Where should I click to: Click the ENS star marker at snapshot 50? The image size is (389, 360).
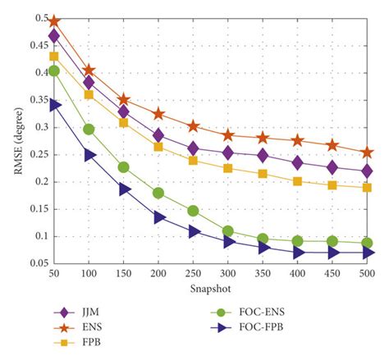(54, 21)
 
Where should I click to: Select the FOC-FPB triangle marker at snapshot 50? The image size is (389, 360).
(54, 105)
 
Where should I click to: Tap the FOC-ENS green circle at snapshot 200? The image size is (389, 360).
(158, 193)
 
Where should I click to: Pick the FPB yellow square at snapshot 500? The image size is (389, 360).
(367, 188)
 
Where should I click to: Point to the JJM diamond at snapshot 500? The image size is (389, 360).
(367, 171)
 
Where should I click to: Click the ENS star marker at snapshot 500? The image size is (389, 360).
(367, 153)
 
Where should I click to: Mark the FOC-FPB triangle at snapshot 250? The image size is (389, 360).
(194, 231)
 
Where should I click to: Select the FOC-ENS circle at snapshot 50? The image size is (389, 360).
(54, 71)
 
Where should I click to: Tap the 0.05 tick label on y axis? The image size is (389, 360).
(34, 262)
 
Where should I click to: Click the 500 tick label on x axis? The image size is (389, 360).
(367, 272)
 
